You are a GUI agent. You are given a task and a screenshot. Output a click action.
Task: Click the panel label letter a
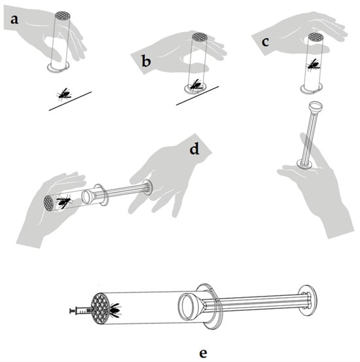14,20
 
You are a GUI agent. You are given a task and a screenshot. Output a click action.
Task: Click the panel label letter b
146,62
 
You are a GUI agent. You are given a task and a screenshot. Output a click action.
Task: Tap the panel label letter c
266,43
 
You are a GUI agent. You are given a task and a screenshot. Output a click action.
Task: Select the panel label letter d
194,149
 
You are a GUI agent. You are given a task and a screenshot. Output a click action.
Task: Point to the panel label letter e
203,353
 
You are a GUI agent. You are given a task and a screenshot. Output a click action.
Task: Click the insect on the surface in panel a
63,94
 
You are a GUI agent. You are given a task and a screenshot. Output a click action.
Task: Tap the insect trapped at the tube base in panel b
195,85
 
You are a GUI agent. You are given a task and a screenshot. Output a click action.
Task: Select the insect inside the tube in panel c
314,64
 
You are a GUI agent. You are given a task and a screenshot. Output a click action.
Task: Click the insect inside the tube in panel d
64,202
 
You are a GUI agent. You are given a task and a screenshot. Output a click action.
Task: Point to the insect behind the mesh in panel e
115,310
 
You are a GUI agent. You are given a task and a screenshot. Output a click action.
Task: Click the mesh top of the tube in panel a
63,15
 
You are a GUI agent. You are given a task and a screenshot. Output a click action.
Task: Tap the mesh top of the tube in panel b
200,36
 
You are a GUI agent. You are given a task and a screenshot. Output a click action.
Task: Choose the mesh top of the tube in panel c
315,36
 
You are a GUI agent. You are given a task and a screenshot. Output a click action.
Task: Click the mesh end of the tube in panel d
48,203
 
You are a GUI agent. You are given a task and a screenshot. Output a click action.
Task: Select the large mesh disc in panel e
99,308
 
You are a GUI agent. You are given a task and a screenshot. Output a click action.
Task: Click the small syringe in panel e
81,311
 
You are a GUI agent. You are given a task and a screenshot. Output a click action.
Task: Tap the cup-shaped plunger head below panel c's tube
315,107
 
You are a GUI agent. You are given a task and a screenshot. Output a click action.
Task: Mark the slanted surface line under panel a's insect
70,101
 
